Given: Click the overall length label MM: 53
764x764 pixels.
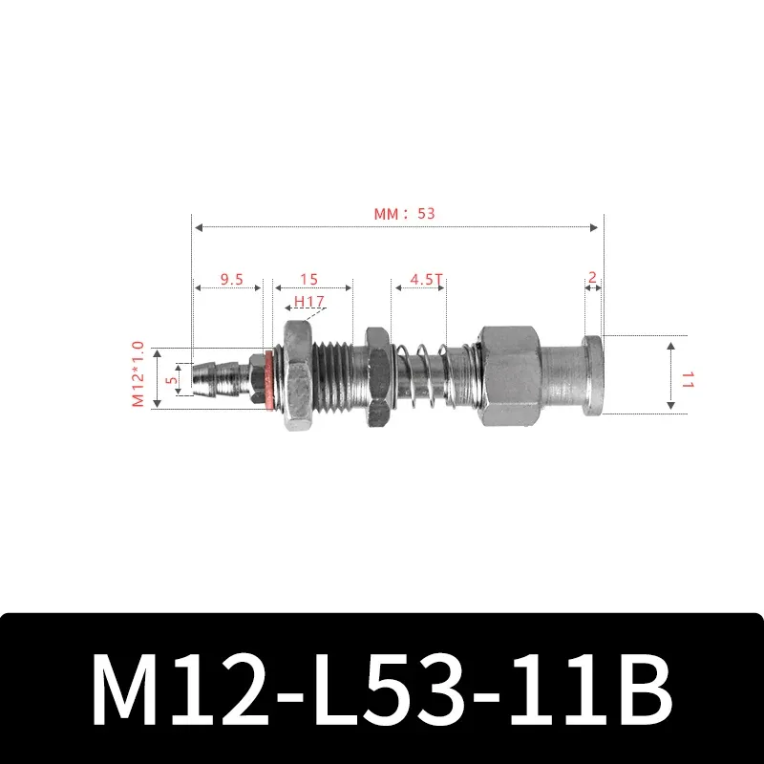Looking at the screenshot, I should pyautogui.click(x=403, y=214).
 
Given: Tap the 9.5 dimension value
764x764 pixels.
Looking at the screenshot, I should pyautogui.click(x=231, y=280).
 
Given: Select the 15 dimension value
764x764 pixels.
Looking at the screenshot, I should pyautogui.click(x=308, y=280).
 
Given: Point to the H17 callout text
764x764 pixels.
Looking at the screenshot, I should pyautogui.click(x=309, y=302).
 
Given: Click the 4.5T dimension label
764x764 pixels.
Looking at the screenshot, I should pyautogui.click(x=426, y=280).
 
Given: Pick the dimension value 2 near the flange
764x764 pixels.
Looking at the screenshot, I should pyautogui.click(x=592, y=278).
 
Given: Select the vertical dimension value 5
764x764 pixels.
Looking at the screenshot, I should pyautogui.click(x=172, y=379).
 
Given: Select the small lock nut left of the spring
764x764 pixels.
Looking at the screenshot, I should pyautogui.click(x=375, y=374).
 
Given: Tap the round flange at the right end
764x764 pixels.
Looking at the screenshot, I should pyautogui.click(x=592, y=374).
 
